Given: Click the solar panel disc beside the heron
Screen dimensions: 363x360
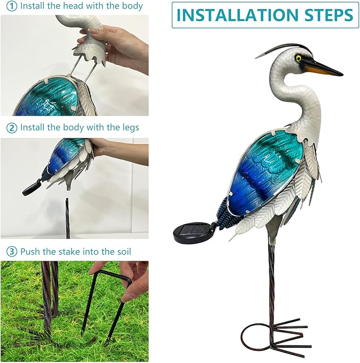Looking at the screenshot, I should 192,232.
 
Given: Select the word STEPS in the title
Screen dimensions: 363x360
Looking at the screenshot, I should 328,15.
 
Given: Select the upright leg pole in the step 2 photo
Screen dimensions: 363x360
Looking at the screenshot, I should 67,217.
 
